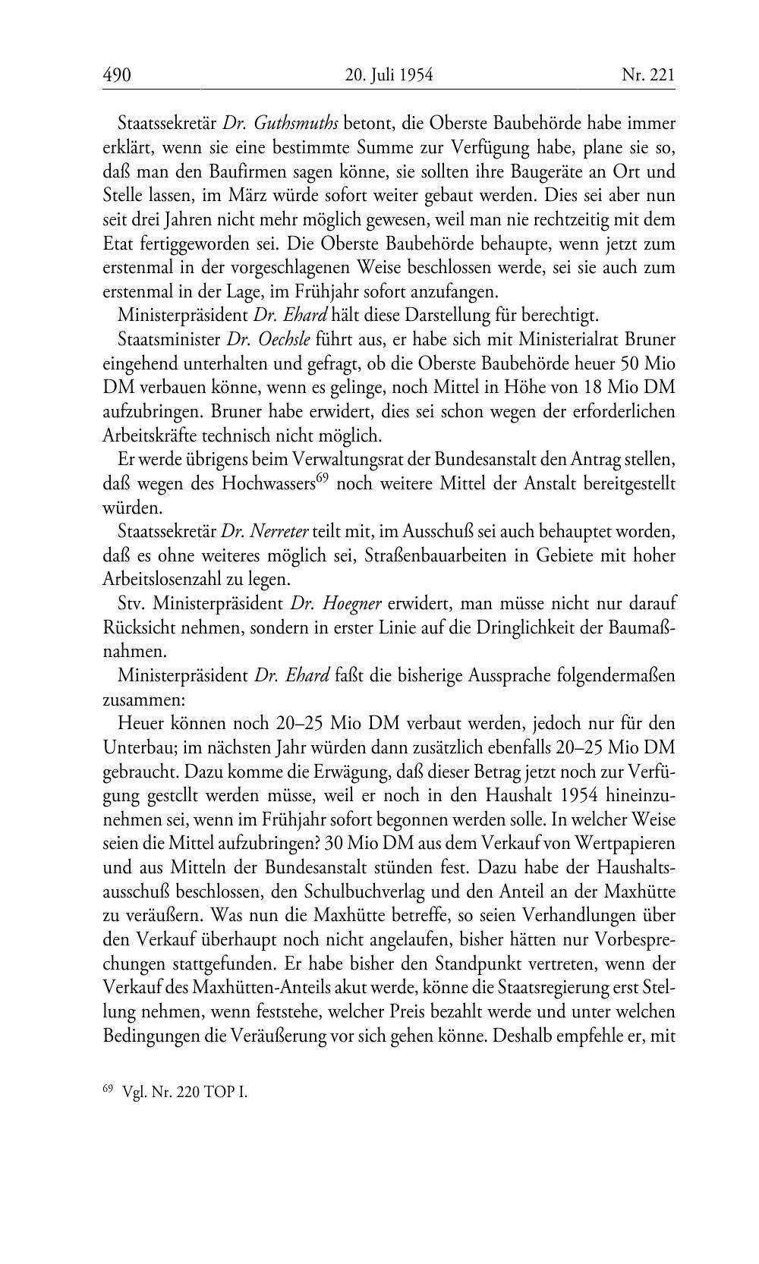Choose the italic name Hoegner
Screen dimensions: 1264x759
[336, 605]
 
